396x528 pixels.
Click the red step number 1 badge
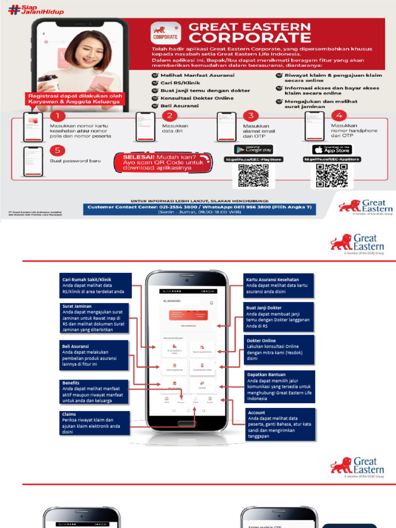pyautogui.click(x=58, y=117)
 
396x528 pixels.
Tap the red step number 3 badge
pyautogui.click(x=251, y=115)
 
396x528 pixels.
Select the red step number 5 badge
pyautogui.click(x=58, y=151)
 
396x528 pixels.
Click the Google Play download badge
pyautogui.click(x=253, y=150)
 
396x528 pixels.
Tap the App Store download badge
pyautogui.click(x=332, y=150)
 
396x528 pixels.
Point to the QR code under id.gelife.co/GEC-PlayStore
pyautogui.click(x=253, y=175)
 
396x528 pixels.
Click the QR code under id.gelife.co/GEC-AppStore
pyautogui.click(x=332, y=175)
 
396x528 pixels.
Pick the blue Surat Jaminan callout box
pyautogui.click(x=93, y=318)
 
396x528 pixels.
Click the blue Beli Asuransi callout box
pyautogui.click(x=93, y=355)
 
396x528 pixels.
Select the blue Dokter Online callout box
pyautogui.click(x=278, y=350)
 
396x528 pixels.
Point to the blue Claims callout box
pyautogui.click(x=93, y=423)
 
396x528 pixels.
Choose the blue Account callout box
pyautogui.click(x=280, y=424)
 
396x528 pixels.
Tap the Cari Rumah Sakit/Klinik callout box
pyautogui.click(x=93, y=286)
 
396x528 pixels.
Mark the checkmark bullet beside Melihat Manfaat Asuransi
pyautogui.click(x=155, y=75)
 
